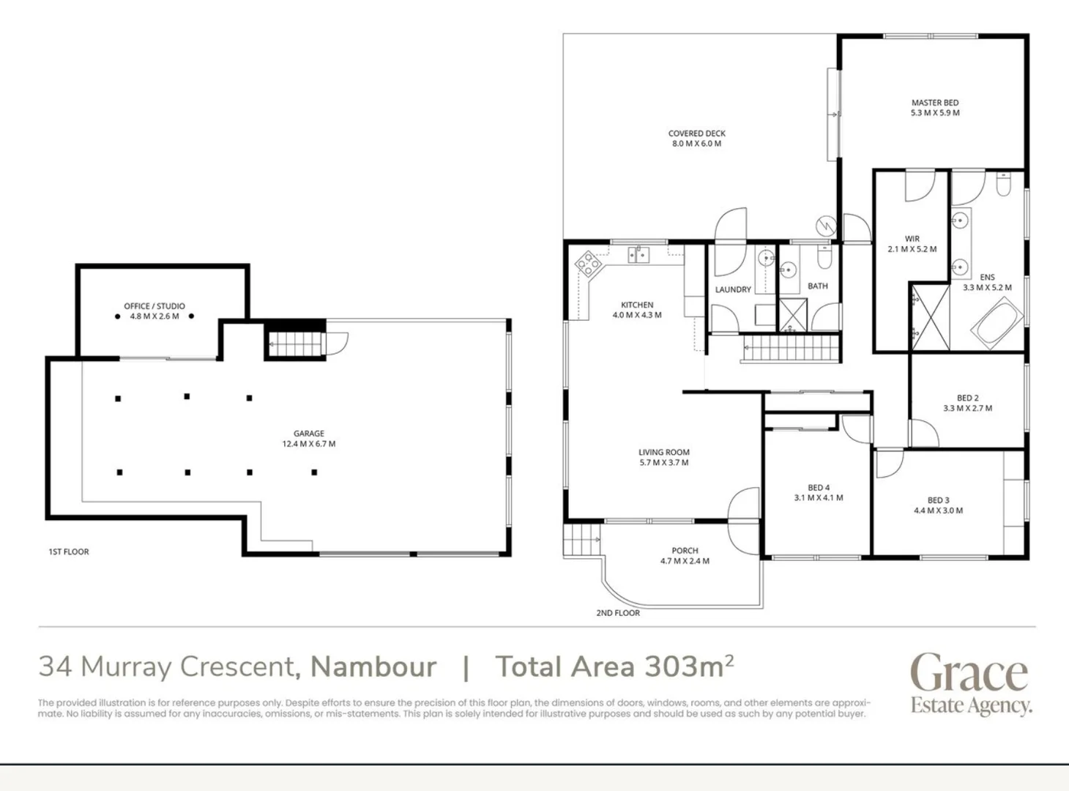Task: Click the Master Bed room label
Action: [x=934, y=103]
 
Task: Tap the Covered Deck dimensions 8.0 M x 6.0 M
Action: [x=696, y=144]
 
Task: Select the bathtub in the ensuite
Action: [x=997, y=322]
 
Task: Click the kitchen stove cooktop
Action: [x=588, y=263]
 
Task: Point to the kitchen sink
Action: [x=638, y=254]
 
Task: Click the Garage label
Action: [x=308, y=434]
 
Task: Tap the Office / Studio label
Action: [x=154, y=306]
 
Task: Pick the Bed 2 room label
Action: [x=967, y=398]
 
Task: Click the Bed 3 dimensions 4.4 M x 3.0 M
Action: [x=938, y=511]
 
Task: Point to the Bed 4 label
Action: [x=819, y=488]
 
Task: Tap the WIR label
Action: [x=912, y=239]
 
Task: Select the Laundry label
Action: [x=733, y=289]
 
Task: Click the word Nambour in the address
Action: [x=373, y=666]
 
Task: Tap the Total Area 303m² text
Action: [x=614, y=666]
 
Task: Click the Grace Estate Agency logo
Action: [x=970, y=683]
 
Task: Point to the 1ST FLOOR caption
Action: [x=69, y=552]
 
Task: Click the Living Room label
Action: [x=663, y=453]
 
